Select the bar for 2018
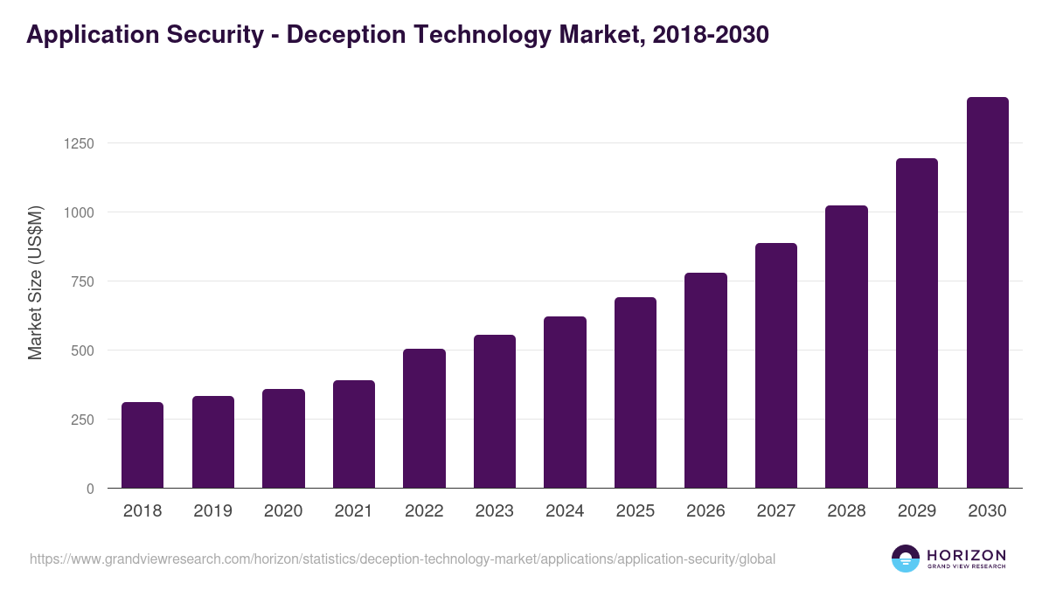142,445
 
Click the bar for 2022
424,419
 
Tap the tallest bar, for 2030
987,293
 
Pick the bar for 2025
636,392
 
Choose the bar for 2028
846,347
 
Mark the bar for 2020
283,439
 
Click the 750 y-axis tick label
81,281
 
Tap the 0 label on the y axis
90,489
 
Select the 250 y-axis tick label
81,420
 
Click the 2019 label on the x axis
212,511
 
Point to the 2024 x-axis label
565,511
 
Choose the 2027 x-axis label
775,511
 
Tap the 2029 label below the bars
916,511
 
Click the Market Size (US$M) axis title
35,282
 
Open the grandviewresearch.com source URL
402,559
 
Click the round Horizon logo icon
906,559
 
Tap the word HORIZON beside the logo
966,554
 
